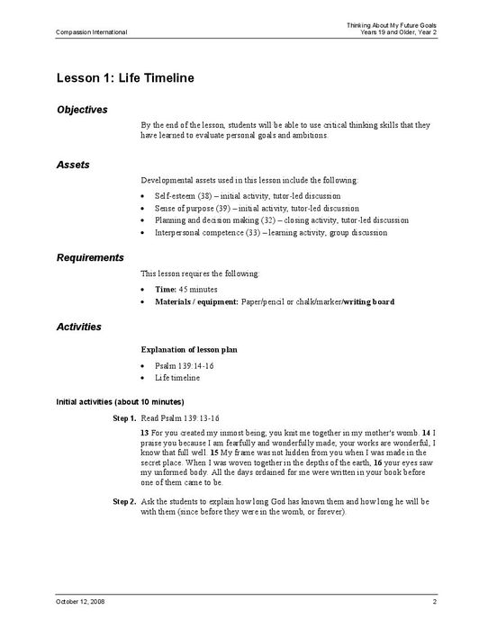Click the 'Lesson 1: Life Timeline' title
pyautogui.click(x=125, y=78)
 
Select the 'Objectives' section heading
pyautogui.click(x=82, y=110)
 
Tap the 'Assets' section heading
pyautogui.click(x=72, y=166)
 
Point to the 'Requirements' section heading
pyautogui.click(x=90, y=257)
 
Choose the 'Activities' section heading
pyautogui.click(x=78, y=327)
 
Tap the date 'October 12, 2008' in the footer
pyautogui.click(x=80, y=600)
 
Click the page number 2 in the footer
pyautogui.click(x=434, y=600)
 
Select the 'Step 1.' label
pyautogui.click(x=124, y=418)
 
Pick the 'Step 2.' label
pyautogui.click(x=124, y=500)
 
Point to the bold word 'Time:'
pyautogui.click(x=166, y=289)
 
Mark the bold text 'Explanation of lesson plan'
pyautogui.click(x=189, y=348)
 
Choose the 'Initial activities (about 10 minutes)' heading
pyautogui.click(x=120, y=400)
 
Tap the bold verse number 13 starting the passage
pyautogui.click(x=145, y=433)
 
